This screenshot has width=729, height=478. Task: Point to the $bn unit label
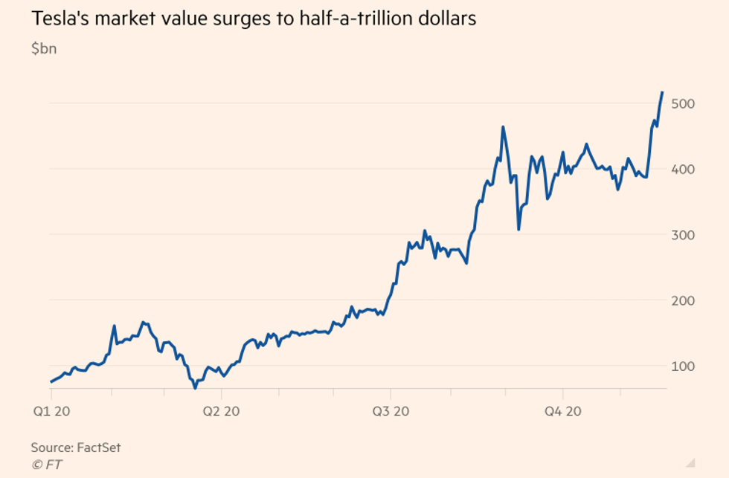(x=44, y=50)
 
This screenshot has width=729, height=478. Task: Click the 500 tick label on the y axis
(x=684, y=103)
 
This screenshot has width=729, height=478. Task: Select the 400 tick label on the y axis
(x=684, y=169)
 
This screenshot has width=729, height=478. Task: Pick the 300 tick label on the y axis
(x=684, y=235)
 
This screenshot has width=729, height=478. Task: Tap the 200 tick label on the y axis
(x=684, y=300)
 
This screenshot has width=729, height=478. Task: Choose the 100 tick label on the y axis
(x=684, y=366)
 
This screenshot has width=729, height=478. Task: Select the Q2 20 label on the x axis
(x=222, y=411)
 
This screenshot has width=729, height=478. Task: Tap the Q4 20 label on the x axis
(x=563, y=411)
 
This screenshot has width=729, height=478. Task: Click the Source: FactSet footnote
(x=76, y=448)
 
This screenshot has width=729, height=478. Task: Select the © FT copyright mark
(x=46, y=465)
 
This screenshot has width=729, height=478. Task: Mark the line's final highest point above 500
(x=662, y=92)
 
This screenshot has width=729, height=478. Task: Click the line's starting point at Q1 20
(x=51, y=382)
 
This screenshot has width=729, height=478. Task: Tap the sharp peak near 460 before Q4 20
(x=503, y=127)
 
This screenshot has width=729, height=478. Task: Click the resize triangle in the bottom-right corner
(x=692, y=461)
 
